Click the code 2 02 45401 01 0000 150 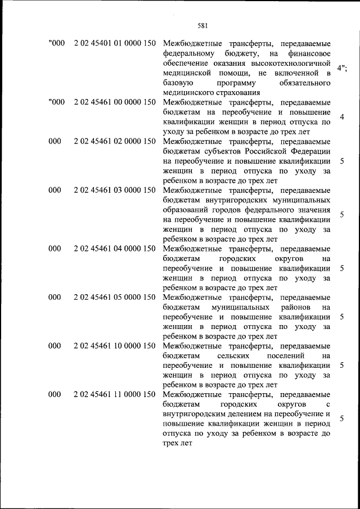114,44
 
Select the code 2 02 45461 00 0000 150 114,102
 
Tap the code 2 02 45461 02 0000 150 114,142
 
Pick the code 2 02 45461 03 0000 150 114,190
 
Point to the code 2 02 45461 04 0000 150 114,248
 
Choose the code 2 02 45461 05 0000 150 114,296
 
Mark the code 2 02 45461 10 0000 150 114,345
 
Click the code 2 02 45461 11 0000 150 114,394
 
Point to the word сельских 238,355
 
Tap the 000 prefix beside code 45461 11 55,394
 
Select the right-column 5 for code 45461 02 341,161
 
